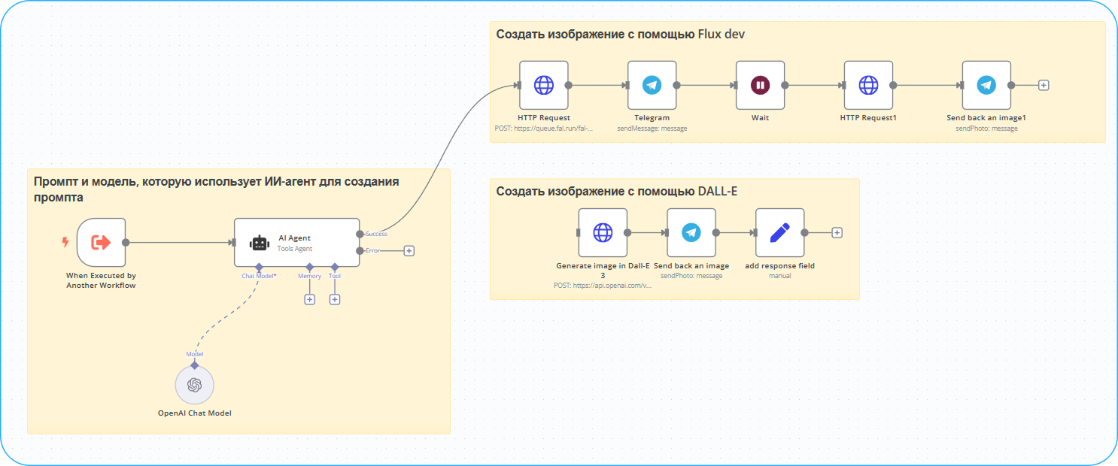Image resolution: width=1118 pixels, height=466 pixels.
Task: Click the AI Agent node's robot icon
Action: pyautogui.click(x=260, y=243)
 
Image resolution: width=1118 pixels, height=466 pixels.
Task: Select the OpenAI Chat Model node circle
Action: pyautogui.click(x=195, y=385)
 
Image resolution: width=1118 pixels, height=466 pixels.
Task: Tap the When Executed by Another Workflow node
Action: pyautogui.click(x=101, y=242)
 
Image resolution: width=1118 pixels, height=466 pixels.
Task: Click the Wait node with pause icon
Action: pyautogui.click(x=760, y=85)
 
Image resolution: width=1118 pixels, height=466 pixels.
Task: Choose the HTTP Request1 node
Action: pyautogui.click(x=868, y=85)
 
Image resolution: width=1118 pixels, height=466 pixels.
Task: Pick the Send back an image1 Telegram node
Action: pyautogui.click(x=986, y=85)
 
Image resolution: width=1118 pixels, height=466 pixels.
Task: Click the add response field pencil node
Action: pyautogui.click(x=779, y=233)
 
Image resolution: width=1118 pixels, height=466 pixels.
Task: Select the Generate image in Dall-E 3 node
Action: pyautogui.click(x=603, y=233)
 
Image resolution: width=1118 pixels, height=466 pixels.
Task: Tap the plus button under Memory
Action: pyautogui.click(x=309, y=300)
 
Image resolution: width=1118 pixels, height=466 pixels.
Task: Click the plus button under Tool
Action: pyautogui.click(x=335, y=300)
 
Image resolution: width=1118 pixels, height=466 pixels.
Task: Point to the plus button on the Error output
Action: pyautogui.click(x=409, y=251)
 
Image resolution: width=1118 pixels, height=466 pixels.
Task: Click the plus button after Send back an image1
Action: pyautogui.click(x=1044, y=85)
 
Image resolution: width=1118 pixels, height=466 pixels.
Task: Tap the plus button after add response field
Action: pyautogui.click(x=837, y=233)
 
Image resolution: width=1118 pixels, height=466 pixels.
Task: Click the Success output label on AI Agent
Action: pyautogui.click(x=376, y=234)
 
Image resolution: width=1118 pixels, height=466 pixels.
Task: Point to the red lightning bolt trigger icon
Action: pyautogui.click(x=65, y=242)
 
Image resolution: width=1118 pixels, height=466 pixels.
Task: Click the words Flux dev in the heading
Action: pyautogui.click(x=722, y=35)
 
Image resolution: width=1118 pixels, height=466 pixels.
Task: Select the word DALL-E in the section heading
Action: pyautogui.click(x=717, y=192)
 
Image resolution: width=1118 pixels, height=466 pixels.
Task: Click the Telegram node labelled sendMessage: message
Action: pyautogui.click(x=652, y=85)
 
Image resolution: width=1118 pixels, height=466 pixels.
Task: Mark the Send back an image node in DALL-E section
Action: pyautogui.click(x=691, y=233)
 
